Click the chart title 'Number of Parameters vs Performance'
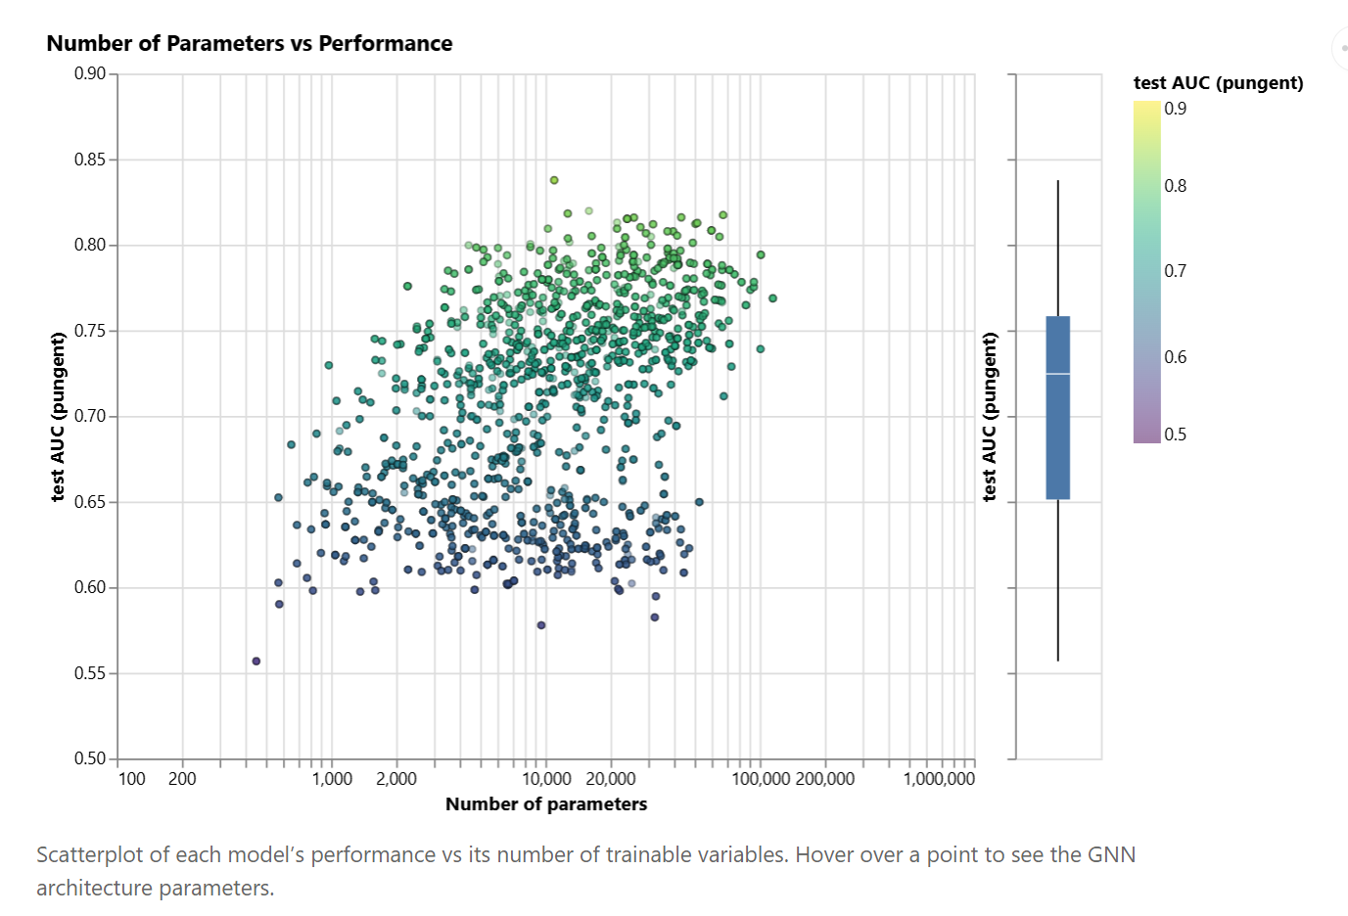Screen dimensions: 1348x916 pyautogui.click(x=249, y=43)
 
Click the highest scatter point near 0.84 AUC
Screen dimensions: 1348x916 pyautogui.click(x=554, y=180)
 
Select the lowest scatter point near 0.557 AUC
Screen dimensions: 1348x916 pyautogui.click(x=256, y=661)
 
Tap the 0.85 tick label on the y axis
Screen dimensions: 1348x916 pyautogui.click(x=89, y=160)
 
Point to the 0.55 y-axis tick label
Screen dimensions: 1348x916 pyautogui.click(x=89, y=673)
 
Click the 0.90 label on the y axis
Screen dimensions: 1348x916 pyautogui.click(x=89, y=73)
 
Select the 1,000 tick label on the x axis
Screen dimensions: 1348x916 pyautogui.click(x=332, y=778)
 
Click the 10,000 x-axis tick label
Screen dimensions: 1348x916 pyautogui.click(x=546, y=778)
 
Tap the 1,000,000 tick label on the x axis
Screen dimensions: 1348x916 pyautogui.click(x=939, y=778)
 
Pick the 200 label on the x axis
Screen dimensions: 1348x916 pyautogui.click(x=182, y=778)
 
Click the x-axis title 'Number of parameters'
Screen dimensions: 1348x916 pyautogui.click(x=546, y=804)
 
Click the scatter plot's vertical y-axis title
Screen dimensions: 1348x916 pyautogui.click(x=57, y=416)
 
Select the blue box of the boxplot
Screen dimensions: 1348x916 pyautogui.click(x=1058, y=407)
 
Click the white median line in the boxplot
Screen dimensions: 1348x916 pyautogui.click(x=1058, y=374)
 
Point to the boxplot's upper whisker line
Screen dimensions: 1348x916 pyautogui.click(x=1058, y=248)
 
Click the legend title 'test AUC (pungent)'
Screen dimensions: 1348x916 pyautogui.click(x=1219, y=82)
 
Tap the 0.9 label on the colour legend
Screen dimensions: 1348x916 pyautogui.click(x=1176, y=109)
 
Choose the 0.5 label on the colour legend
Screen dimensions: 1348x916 pyautogui.click(x=1176, y=435)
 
